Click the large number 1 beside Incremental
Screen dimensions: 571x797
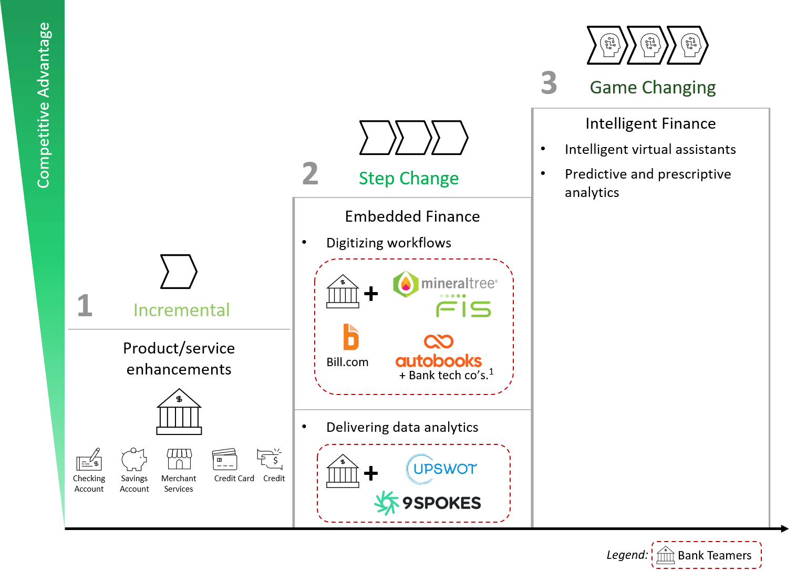click(85, 306)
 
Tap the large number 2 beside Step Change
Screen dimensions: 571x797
click(310, 174)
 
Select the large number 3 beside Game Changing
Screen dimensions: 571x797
click(549, 83)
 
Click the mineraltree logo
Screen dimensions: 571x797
click(446, 284)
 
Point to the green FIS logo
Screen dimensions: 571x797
click(463, 307)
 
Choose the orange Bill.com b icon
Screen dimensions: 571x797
click(350, 337)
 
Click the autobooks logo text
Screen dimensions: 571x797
click(439, 361)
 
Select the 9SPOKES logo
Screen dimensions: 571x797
click(428, 503)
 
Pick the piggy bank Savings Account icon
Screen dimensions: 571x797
click(134, 459)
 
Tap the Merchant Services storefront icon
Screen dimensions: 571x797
click(179, 459)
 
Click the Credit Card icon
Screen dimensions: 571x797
click(225, 459)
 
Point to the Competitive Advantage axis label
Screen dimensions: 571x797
click(43, 105)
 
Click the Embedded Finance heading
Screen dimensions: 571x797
click(412, 216)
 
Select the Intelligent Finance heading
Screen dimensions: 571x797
click(650, 123)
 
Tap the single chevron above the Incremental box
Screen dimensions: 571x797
click(179, 272)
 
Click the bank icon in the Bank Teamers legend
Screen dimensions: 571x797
click(666, 555)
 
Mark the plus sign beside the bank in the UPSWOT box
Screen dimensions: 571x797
click(371, 473)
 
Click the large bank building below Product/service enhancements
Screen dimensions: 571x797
click(179, 412)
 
